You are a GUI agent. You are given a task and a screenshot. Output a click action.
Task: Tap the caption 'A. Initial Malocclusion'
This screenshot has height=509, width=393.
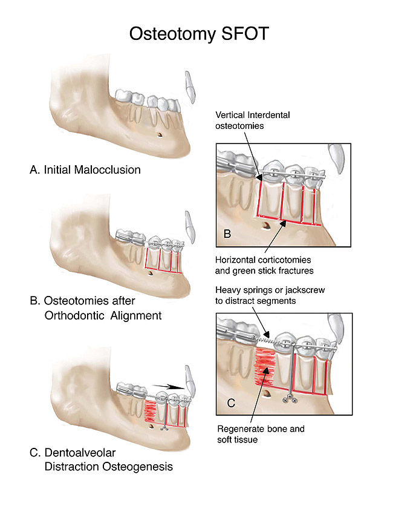[x=85, y=169]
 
